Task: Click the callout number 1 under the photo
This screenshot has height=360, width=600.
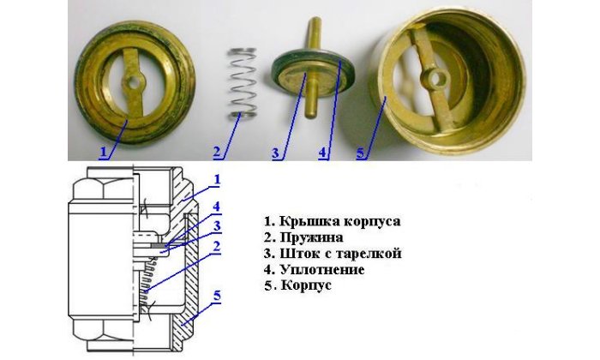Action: (103, 152)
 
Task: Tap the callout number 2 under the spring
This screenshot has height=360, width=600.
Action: (218, 152)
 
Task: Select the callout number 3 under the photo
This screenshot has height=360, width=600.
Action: (276, 153)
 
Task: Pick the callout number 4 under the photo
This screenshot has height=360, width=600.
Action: (322, 153)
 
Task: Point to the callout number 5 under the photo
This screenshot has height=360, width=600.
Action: (361, 153)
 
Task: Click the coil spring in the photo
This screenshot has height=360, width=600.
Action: (243, 83)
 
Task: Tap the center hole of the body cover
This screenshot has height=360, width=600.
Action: (134, 82)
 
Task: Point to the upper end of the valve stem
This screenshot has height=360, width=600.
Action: (315, 20)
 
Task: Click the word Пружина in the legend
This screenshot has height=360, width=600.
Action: (311, 237)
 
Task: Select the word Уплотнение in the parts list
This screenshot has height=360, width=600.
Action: (322, 270)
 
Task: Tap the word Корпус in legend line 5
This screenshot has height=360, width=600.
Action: (306, 285)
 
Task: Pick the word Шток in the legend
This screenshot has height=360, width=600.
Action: (297, 253)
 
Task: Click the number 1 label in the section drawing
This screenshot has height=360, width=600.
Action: (217, 179)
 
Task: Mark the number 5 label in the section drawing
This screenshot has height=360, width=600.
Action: (217, 296)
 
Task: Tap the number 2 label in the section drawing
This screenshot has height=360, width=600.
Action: (217, 247)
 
